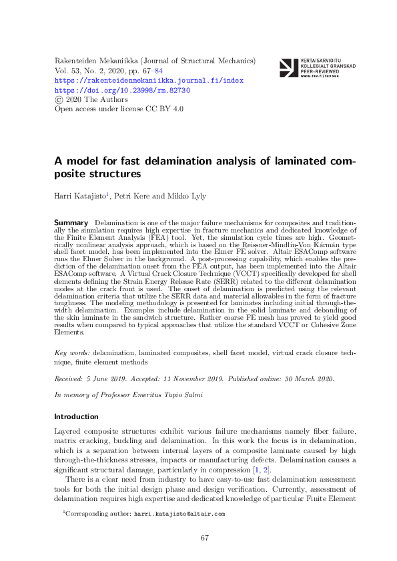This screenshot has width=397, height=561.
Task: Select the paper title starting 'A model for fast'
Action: pyautogui.click(x=204, y=168)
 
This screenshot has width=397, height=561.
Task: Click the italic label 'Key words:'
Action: pyautogui.click(x=71, y=351)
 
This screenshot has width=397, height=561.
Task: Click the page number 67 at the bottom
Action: pyautogui.click(x=206, y=538)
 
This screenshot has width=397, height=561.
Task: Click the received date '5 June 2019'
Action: pyautogui.click(x=107, y=378)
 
